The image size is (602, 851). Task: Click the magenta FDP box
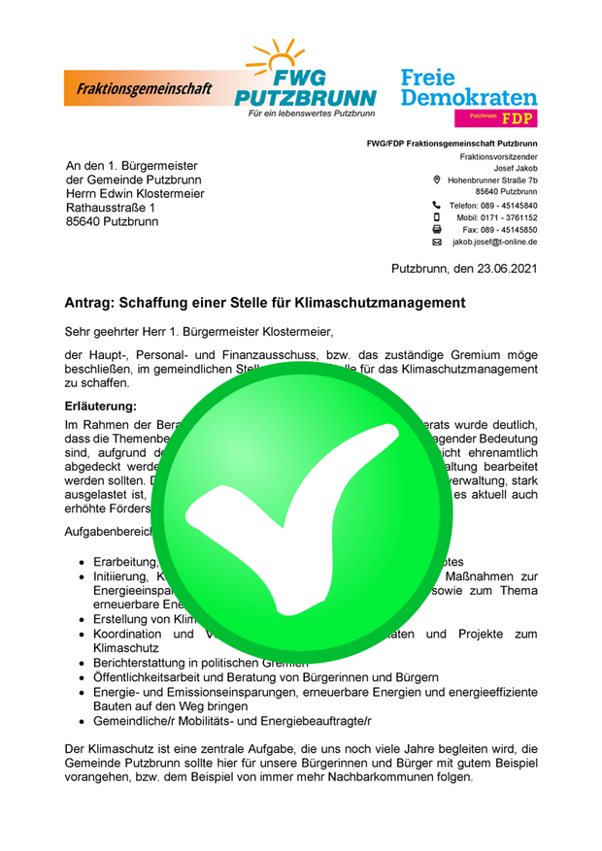point(495,117)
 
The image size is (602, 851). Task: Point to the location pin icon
point(437,180)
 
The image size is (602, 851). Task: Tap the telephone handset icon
point(437,206)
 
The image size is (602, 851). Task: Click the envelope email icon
point(437,242)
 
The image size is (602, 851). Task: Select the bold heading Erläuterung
point(101,406)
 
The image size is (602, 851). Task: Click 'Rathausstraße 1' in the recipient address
point(110,207)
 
